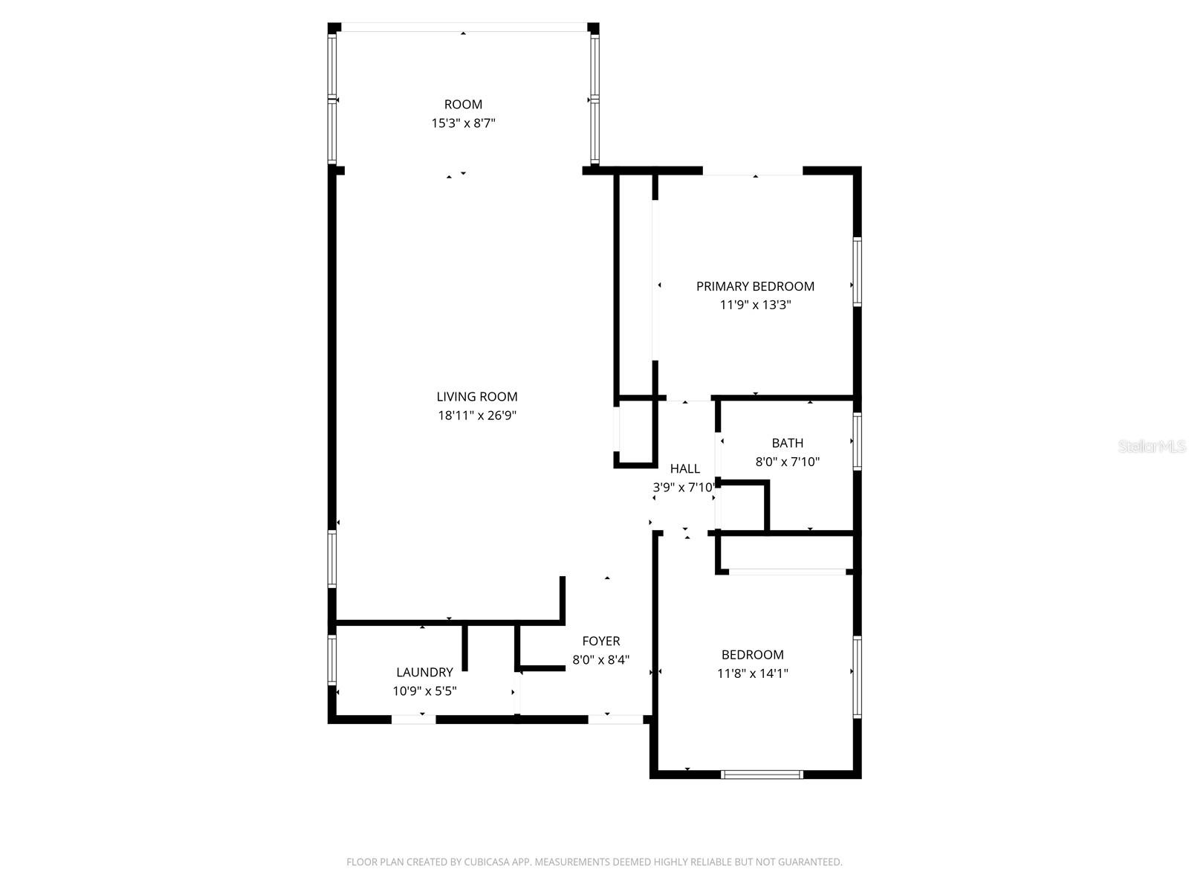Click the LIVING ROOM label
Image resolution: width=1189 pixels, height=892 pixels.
tap(476, 397)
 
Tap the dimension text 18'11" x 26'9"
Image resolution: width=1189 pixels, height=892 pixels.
tap(476, 416)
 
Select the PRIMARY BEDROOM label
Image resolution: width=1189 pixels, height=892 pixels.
tap(755, 286)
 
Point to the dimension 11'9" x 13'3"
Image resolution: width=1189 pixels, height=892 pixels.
tap(755, 305)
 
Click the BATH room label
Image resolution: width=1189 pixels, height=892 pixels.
tap(787, 443)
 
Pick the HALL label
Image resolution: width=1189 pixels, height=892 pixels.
tap(684, 469)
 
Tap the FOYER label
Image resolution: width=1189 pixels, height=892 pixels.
tap(600, 641)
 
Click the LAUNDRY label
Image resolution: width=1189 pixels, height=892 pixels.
tap(424, 673)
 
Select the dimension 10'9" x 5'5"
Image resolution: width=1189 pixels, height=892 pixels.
tap(424, 691)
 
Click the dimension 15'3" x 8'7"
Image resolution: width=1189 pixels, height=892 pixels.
tap(463, 123)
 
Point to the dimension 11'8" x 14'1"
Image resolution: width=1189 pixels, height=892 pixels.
tap(752, 674)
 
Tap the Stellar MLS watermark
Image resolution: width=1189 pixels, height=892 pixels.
tap(1151, 447)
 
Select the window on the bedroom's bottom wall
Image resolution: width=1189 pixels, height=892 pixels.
tap(762, 775)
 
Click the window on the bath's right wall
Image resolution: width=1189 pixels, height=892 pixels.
tap(857, 442)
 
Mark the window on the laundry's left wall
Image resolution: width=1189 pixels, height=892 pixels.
tap(332, 659)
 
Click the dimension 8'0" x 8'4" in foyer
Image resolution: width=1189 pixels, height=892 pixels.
tap(600, 660)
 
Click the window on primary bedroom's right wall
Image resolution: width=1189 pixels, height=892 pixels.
tap(857, 271)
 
